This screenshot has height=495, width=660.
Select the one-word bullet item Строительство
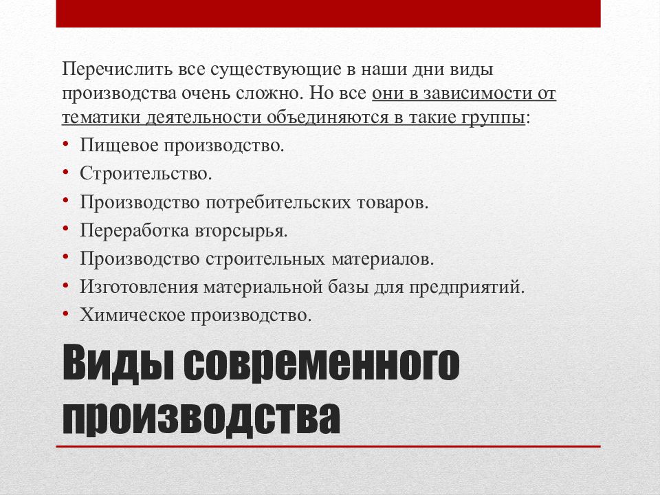click(x=145, y=173)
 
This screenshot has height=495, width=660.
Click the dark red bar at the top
click(x=328, y=14)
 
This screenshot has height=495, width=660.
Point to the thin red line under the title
click(x=328, y=448)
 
